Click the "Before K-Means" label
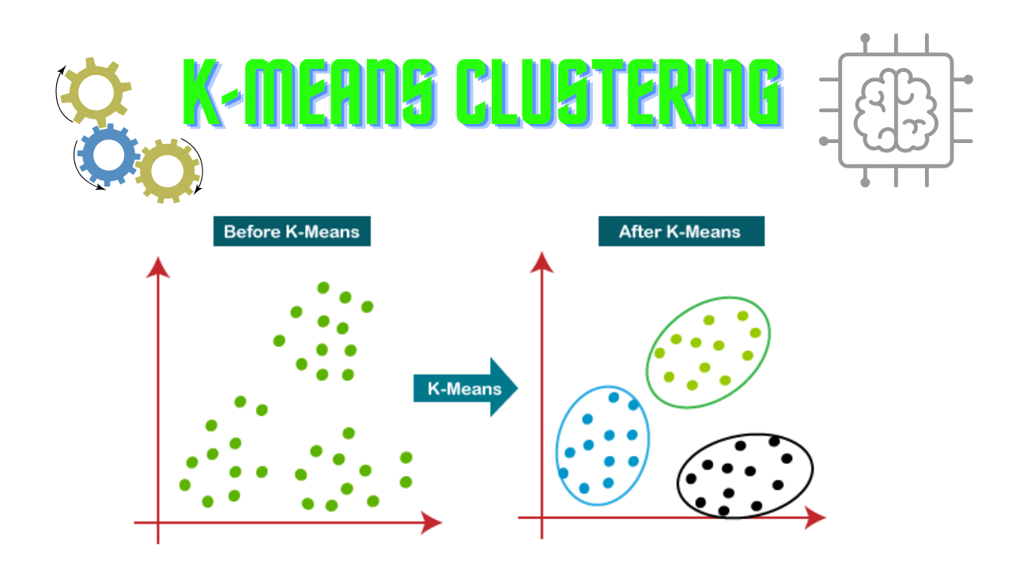292,232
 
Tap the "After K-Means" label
681,232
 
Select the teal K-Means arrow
465,388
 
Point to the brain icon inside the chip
896,111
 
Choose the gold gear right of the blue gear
168,170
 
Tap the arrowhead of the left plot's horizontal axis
431,522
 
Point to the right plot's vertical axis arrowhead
542,261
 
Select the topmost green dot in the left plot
323,288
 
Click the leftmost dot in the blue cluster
564,473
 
